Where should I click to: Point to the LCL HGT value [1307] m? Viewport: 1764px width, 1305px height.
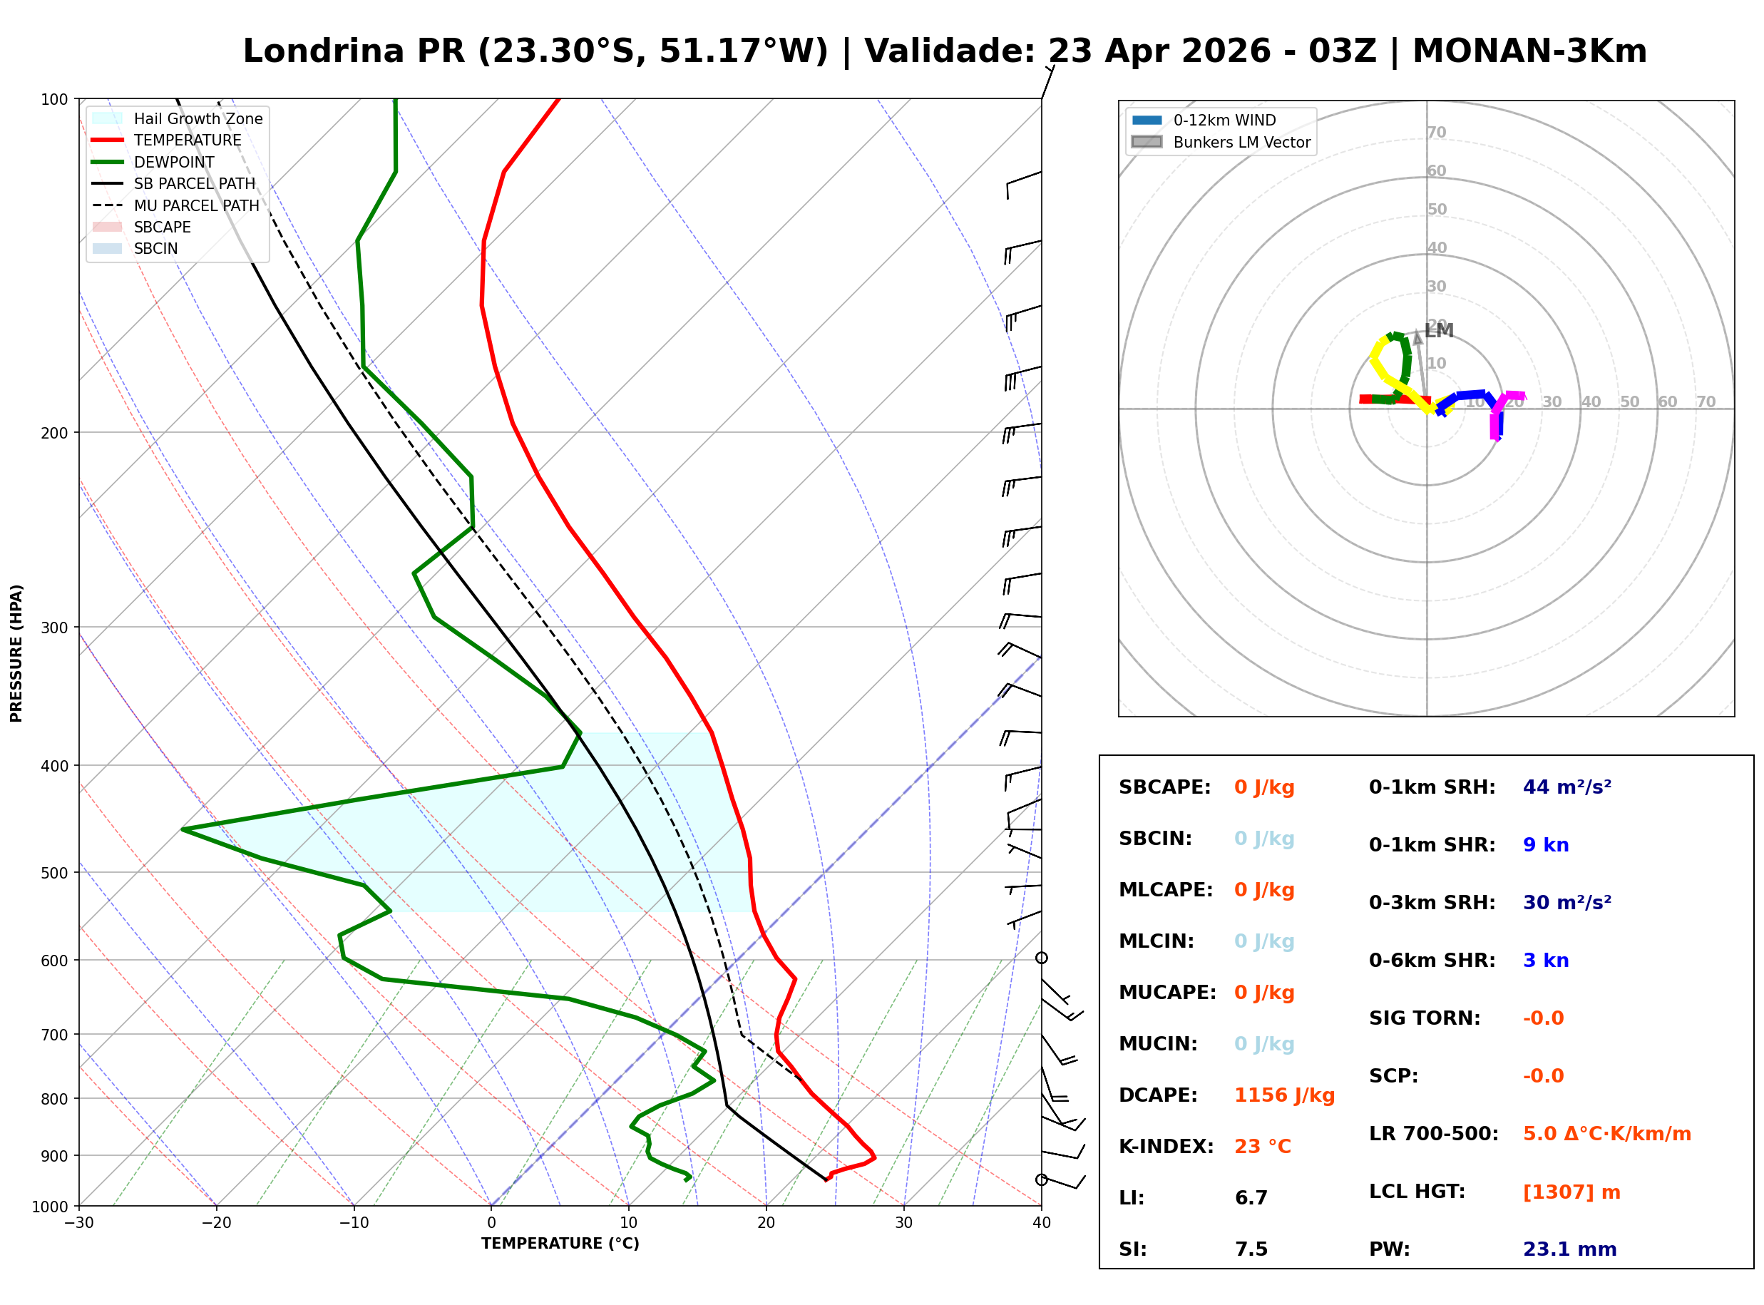[1571, 1192]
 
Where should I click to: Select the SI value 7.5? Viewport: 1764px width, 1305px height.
[1251, 1249]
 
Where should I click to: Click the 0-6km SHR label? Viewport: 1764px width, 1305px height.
[1432, 961]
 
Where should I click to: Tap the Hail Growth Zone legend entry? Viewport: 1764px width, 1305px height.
[198, 118]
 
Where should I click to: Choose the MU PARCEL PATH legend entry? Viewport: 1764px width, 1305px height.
[196, 205]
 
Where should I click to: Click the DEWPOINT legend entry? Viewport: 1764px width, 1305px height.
[174, 162]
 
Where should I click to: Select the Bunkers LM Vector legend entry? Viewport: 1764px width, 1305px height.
[1241, 142]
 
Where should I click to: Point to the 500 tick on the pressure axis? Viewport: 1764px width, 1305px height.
[54, 873]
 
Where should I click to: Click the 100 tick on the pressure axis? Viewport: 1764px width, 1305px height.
[54, 100]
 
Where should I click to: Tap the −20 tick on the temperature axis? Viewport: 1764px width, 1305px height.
[215, 1224]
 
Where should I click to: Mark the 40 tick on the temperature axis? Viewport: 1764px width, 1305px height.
[1041, 1224]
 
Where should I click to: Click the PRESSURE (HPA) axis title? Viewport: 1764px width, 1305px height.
[16, 653]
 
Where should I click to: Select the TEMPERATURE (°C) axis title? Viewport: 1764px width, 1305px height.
[560, 1244]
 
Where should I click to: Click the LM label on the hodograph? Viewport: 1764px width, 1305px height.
[1439, 331]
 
